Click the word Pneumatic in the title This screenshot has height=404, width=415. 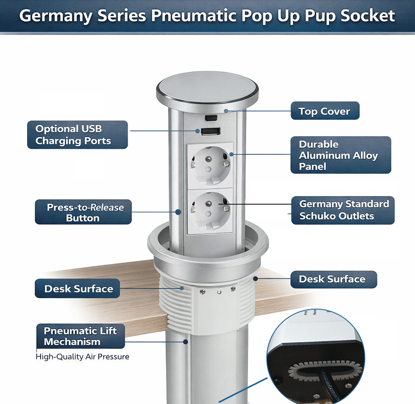pos(194,16)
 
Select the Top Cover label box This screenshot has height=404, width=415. pos(325,111)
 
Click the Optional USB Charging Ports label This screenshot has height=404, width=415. pos(78,135)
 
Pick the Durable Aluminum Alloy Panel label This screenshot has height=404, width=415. pos(341,155)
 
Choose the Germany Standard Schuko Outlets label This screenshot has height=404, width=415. pos(343,210)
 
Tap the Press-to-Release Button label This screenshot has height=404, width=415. pos(83,212)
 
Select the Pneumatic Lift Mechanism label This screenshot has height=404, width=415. pos(81,336)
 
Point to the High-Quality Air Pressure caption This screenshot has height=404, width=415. pos(82,357)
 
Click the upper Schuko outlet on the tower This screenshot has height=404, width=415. pos(210,165)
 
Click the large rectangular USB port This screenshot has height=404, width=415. pos(210,131)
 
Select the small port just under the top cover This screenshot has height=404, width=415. pos(211,117)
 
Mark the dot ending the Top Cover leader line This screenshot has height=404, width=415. pos(226,111)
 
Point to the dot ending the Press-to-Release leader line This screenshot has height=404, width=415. pos(178,212)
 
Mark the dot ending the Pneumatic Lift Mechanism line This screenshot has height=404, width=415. pos(186,342)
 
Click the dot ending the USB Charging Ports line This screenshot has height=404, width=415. pos(198,131)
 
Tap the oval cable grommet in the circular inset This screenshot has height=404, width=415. pos(325,371)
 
